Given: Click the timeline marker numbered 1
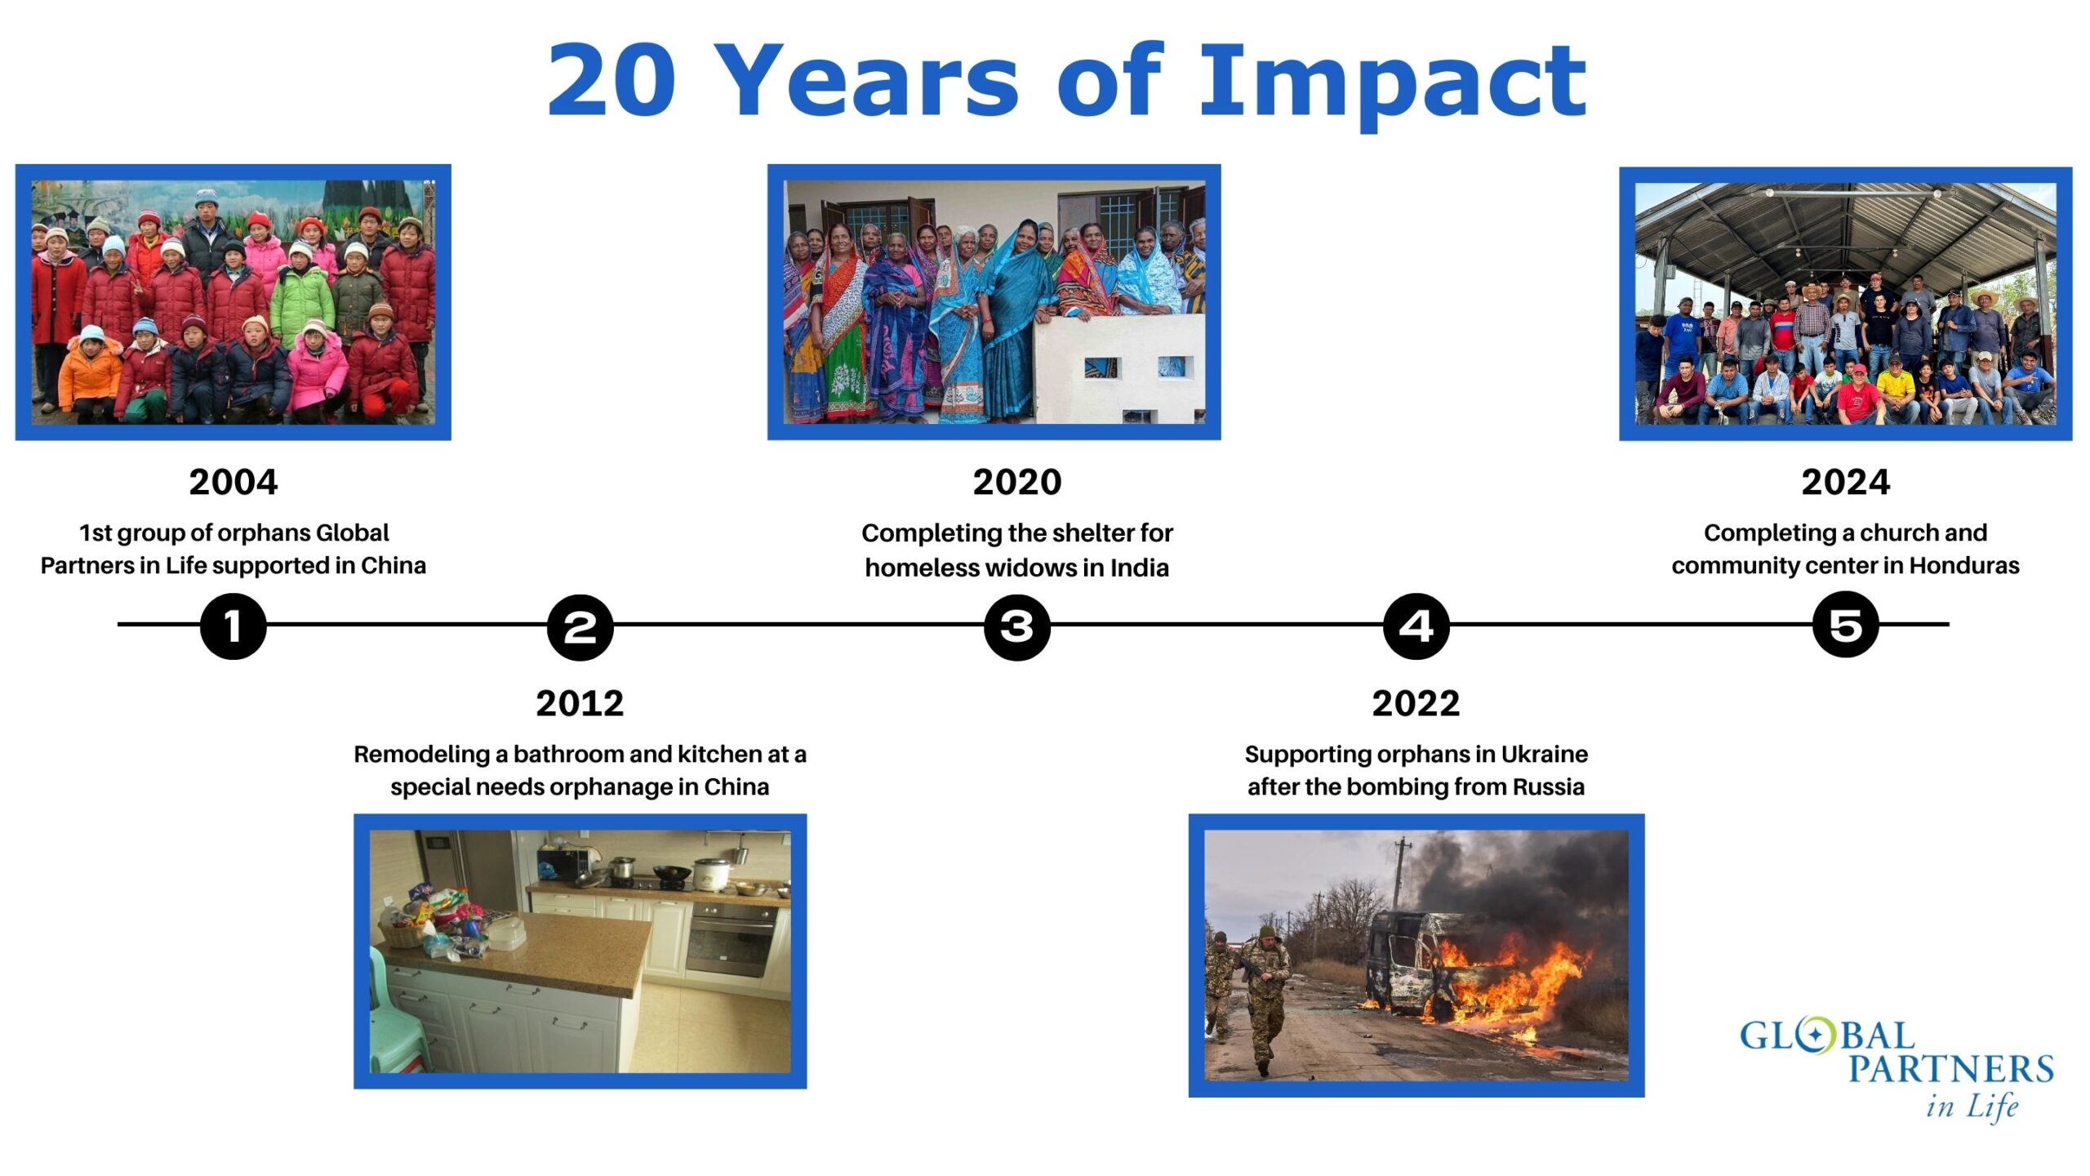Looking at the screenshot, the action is click(233, 626).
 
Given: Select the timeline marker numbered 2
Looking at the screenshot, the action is click(580, 626).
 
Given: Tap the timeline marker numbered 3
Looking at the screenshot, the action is click(1017, 626).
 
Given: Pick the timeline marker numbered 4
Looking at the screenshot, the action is click(1416, 626).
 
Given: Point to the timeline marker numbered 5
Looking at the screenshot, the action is click(1846, 626).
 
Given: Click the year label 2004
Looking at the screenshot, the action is click(233, 482).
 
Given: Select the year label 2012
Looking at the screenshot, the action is click(580, 703).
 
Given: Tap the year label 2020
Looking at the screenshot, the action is click(1017, 482).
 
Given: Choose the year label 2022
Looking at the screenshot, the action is click(1416, 703).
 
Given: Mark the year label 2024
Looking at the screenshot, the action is click(1846, 482).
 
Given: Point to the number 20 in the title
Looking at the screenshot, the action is click(612, 80).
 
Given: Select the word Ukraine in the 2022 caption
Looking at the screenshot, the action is click(1545, 754).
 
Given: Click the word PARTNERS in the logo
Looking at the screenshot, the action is click(1951, 1069).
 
